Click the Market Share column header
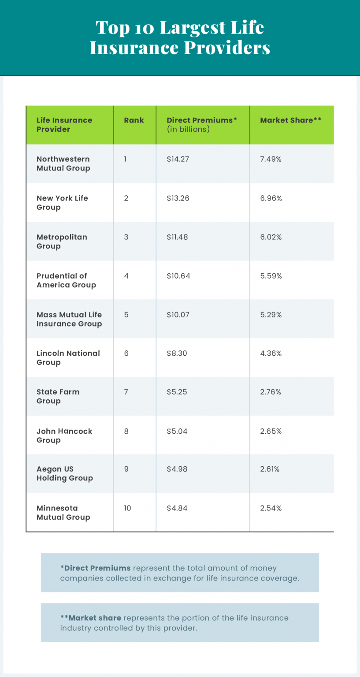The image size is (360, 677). click(290, 120)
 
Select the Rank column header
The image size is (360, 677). click(134, 120)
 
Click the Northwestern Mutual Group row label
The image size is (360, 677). click(63, 164)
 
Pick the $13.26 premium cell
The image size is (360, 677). click(178, 198)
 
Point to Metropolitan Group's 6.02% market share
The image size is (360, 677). click(271, 237)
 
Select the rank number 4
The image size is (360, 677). click(126, 276)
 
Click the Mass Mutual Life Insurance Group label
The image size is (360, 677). click(69, 319)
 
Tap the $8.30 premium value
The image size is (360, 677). click(177, 353)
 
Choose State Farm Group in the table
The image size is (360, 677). click(58, 396)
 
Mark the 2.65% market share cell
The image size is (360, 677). click(271, 431)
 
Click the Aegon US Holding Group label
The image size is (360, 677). click(64, 474)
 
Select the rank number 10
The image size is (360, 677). click(127, 508)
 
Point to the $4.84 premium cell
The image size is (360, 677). click(177, 508)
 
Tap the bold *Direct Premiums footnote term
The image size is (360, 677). click(95, 568)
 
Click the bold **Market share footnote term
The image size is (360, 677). click(92, 618)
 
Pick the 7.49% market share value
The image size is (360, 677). click(271, 159)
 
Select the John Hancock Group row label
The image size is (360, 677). click(64, 435)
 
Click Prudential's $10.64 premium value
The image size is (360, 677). click(178, 276)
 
